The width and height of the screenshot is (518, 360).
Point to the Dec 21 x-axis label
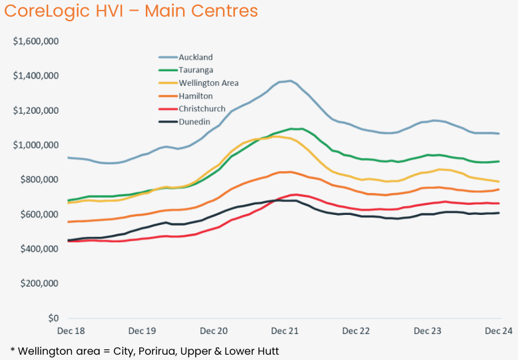point(285,331)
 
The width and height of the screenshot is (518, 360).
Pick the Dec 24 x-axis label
point(497,331)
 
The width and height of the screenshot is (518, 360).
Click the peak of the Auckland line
point(290,81)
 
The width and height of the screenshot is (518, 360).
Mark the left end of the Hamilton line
point(69,222)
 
